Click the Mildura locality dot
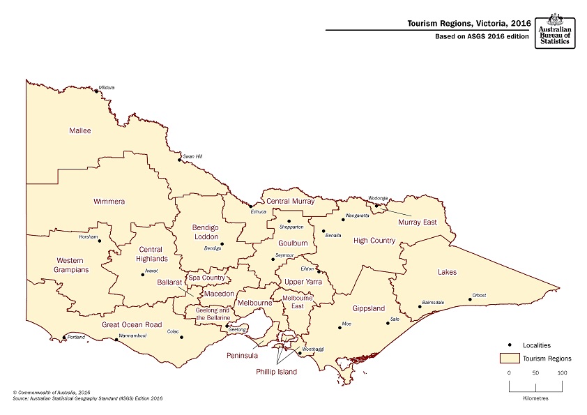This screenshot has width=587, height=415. (96, 90)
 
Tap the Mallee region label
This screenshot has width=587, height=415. (80, 130)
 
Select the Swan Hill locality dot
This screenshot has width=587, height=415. (179, 160)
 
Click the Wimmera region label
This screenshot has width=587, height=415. (109, 202)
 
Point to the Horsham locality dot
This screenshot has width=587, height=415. (100, 241)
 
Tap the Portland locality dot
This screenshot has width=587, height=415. (65, 337)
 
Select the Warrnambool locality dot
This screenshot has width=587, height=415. (116, 340)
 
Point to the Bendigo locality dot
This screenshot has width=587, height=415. (222, 244)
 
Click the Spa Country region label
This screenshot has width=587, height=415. (207, 278)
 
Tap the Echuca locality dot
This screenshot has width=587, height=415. (251, 206)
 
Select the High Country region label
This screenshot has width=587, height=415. (374, 241)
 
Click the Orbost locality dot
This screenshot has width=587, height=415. (470, 300)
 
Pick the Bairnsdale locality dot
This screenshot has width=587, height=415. (420, 306)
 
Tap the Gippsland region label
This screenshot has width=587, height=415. (368, 308)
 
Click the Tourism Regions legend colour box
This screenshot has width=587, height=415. (512, 358)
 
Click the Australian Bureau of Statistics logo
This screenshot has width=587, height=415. (555, 30)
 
